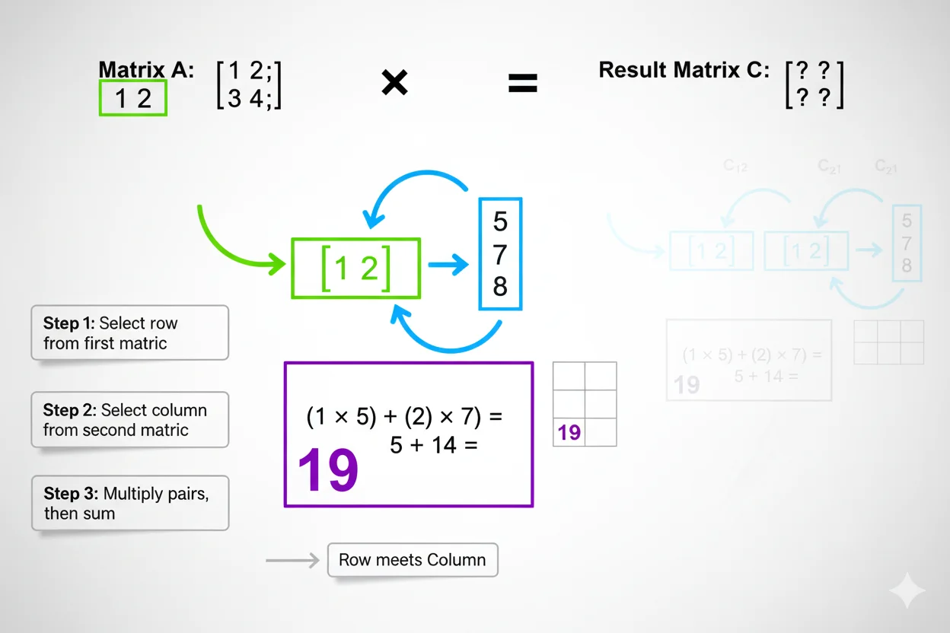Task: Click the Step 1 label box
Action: (x=129, y=332)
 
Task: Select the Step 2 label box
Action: (x=129, y=419)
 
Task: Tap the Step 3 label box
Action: (x=129, y=503)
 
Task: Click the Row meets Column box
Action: (x=412, y=560)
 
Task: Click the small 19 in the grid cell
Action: (x=569, y=433)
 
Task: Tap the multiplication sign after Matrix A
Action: (x=394, y=83)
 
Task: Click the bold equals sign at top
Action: (x=522, y=83)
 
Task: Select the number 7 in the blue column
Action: (x=500, y=254)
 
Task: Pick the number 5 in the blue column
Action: (x=500, y=221)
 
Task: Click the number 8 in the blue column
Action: (x=500, y=287)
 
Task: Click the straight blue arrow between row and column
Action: (x=448, y=265)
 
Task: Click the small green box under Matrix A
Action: (x=132, y=98)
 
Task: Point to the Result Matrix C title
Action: (x=684, y=70)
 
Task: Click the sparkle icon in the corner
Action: (x=907, y=590)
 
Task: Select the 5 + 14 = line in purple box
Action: (x=433, y=445)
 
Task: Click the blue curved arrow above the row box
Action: (x=419, y=190)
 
